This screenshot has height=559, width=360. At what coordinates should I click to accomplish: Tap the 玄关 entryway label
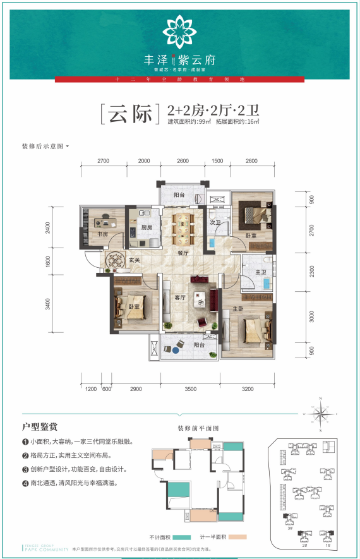pyautogui.click(x=135, y=260)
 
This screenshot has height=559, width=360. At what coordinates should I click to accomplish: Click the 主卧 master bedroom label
pyautogui.click(x=237, y=309)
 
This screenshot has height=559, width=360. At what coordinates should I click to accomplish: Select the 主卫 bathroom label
pyautogui.click(x=259, y=272)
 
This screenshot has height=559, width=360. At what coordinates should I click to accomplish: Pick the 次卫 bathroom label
pyautogui.click(x=214, y=223)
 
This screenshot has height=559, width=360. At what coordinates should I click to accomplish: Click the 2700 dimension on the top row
pyautogui.click(x=104, y=161)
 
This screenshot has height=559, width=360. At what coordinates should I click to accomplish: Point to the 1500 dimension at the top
pyautogui.click(x=217, y=161)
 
